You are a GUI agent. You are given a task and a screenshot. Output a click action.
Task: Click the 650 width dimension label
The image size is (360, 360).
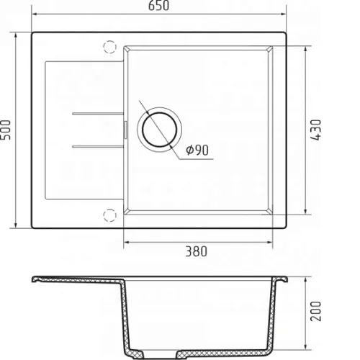(x=158, y=6)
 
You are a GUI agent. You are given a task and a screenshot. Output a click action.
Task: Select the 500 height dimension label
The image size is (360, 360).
(x=6, y=130)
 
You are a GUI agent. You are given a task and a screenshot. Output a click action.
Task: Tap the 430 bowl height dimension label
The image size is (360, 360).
(x=316, y=130)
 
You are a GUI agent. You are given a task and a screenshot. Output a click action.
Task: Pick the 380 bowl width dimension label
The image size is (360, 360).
(x=196, y=251)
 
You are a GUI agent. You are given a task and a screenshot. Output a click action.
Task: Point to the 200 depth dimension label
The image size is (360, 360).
(x=316, y=311)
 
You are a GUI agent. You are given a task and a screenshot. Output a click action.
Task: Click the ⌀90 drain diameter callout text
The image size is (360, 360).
(x=197, y=150)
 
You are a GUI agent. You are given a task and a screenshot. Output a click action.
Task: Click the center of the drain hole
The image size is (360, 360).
(x=159, y=130)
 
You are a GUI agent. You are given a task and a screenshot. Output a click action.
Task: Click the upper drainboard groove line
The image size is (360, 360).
(x=98, y=114)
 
